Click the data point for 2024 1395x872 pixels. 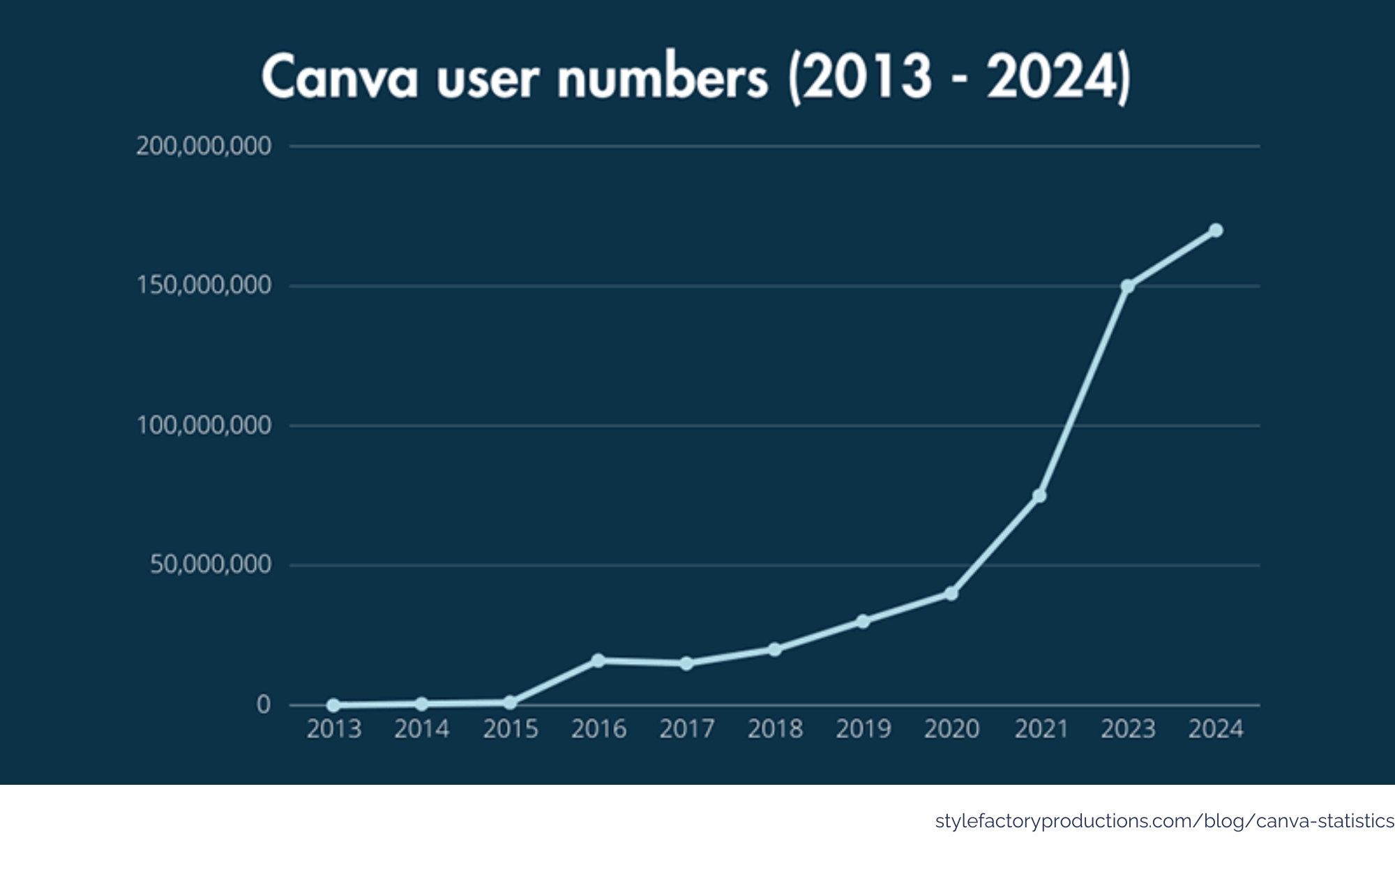point(1216,230)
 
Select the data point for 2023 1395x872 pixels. point(1128,286)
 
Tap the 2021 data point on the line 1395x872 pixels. point(1039,495)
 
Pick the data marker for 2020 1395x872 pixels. point(951,594)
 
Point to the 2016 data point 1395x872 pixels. point(598,660)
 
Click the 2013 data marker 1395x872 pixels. point(333,705)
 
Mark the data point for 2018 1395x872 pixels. point(775,649)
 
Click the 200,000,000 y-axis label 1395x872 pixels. point(204,146)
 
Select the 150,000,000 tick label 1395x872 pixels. point(204,285)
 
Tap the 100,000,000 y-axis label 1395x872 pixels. point(204,425)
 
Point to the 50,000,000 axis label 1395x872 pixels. point(211,564)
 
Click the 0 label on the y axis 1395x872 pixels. point(264,705)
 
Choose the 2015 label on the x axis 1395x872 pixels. point(511,730)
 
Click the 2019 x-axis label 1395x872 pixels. point(864,730)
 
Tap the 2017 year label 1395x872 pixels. point(687,730)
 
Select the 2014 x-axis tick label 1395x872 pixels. point(422,730)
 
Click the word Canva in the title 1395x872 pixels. point(340,77)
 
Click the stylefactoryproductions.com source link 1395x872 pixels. point(1164,822)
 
